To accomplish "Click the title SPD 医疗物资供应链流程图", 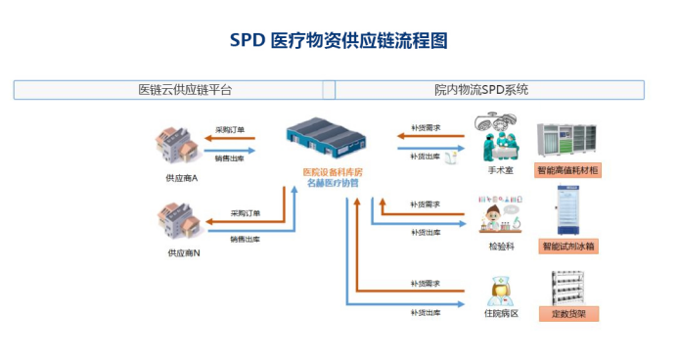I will point(338,40).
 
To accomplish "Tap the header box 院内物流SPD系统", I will point(489,90).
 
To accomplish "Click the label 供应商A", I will point(182,178).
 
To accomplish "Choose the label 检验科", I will point(502,246).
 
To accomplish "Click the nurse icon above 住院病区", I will point(499,290).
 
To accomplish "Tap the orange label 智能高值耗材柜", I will point(567,170).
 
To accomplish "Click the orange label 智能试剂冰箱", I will point(567,246).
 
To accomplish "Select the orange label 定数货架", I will point(568,314).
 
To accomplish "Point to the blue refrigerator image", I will point(567,210).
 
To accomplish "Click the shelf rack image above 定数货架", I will point(568,286).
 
